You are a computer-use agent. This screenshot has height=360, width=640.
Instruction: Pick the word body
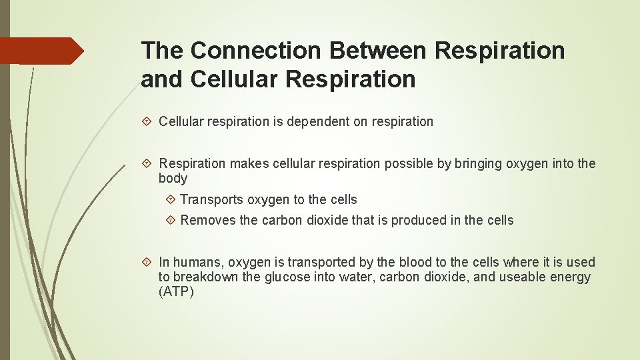(x=173, y=179)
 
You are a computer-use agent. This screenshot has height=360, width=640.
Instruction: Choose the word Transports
(x=211, y=200)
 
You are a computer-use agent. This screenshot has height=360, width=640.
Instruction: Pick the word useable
(x=513, y=277)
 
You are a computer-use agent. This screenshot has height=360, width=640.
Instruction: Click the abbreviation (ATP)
(x=176, y=292)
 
